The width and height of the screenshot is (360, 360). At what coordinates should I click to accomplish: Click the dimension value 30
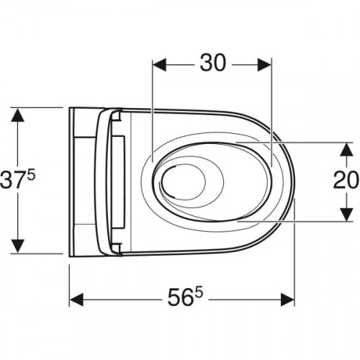pos(213,63)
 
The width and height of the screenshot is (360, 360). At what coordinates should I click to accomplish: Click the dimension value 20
pos(346,181)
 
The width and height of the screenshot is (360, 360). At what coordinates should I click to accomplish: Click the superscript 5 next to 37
pos(31,175)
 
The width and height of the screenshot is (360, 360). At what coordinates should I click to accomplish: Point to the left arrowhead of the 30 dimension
pos(159,65)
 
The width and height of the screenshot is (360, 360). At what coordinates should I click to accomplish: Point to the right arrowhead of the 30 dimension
pos(264,65)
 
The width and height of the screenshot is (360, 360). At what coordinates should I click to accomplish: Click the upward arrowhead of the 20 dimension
pos(346,149)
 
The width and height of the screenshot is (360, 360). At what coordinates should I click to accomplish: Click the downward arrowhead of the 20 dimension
pos(346,215)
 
